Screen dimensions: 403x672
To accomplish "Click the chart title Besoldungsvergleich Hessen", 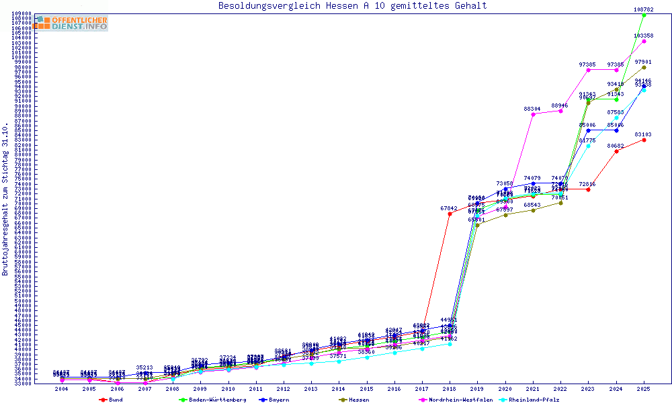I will [x=353, y=6].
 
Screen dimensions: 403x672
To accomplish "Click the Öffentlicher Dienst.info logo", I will [x=72, y=24].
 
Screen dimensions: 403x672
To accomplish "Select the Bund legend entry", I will [x=115, y=400].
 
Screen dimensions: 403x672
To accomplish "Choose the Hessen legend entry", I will [x=359, y=400].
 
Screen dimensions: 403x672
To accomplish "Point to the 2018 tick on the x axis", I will [x=450, y=389].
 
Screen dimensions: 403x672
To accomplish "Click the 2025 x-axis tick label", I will [x=644, y=389].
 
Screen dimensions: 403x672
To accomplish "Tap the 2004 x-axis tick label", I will [x=62, y=389].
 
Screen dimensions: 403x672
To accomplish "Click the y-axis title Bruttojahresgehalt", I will [x=5, y=199].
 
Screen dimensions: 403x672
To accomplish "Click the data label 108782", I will [x=644, y=9].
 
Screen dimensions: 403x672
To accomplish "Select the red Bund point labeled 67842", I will [x=450, y=214].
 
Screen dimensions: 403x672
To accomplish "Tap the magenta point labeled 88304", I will [x=533, y=114].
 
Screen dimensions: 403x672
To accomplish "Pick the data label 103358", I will [x=644, y=36].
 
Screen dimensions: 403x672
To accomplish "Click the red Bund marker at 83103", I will [x=644, y=140].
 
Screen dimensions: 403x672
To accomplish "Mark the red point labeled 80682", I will [x=616, y=151].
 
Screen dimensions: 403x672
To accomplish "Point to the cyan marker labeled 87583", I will [x=616, y=118].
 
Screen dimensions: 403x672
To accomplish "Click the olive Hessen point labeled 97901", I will [x=644, y=67].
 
